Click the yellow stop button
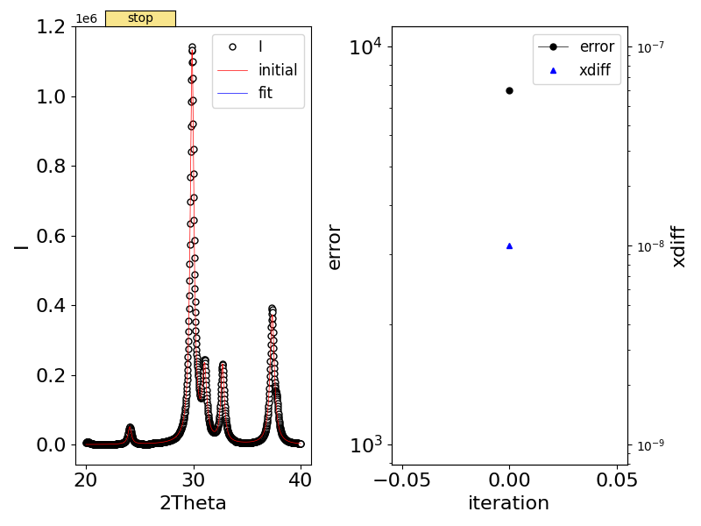click(x=140, y=18)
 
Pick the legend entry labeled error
click(x=596, y=46)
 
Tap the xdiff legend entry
click(x=596, y=71)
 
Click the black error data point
click(x=509, y=90)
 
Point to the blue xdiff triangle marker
click(x=509, y=246)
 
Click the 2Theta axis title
click(x=193, y=503)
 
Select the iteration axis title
click(x=509, y=503)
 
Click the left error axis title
click(x=334, y=246)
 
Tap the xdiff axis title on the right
click(x=677, y=246)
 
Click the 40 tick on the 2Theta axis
click(x=301, y=480)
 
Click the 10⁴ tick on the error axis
click(x=366, y=46)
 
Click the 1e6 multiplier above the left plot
click(x=86, y=18)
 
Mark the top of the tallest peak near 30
click(x=192, y=47)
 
